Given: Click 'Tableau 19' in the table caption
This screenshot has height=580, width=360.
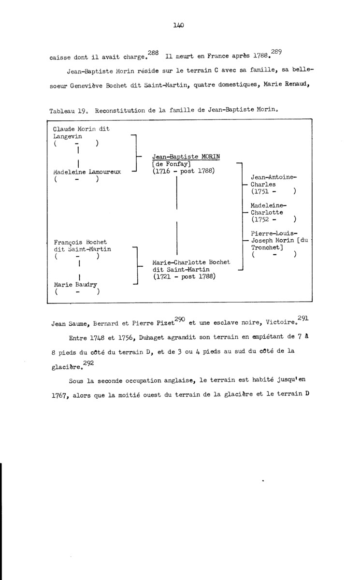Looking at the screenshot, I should click(x=71, y=110).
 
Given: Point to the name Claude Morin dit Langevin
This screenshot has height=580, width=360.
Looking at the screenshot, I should click(x=81, y=132).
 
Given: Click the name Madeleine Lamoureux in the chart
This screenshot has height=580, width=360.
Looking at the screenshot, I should click(x=87, y=172).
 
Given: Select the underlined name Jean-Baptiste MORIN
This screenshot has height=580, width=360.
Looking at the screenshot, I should click(x=186, y=157).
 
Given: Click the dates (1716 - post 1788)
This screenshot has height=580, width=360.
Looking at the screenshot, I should click(x=184, y=171).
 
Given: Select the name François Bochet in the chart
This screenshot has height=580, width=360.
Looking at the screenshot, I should click(x=81, y=242).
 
